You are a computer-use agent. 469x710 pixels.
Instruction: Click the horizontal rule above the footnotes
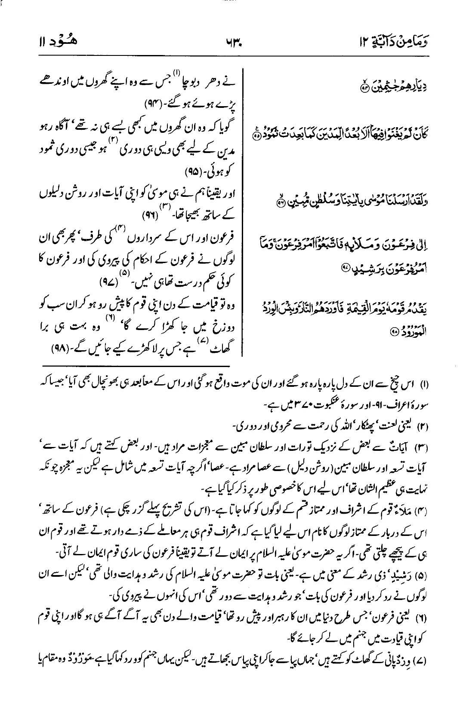(146, 366)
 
